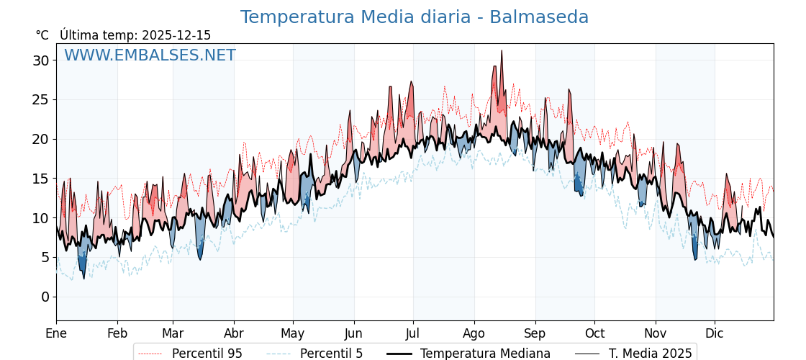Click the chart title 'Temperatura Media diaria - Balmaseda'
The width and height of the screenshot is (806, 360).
click(x=414, y=17)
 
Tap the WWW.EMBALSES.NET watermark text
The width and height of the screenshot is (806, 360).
click(x=150, y=55)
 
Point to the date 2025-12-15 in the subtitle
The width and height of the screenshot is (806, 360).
click(x=176, y=35)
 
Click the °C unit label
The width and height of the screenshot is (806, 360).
click(x=42, y=35)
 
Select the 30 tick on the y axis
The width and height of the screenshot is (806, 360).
click(x=41, y=60)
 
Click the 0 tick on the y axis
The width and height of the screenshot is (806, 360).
click(x=45, y=297)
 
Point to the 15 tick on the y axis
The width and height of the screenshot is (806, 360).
click(x=41, y=179)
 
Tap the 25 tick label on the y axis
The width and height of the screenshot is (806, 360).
click(x=41, y=100)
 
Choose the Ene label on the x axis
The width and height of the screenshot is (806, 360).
click(x=56, y=333)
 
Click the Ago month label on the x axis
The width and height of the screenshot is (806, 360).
click(x=474, y=333)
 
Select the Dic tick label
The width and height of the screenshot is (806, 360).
click(x=715, y=333)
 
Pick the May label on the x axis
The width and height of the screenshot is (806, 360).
click(x=293, y=333)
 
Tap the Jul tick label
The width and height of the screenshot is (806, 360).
click(x=413, y=333)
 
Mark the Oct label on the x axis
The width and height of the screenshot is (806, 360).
click(x=594, y=333)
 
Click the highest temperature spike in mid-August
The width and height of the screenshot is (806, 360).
click(x=502, y=51)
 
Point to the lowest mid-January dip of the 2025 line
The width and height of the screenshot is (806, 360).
click(x=83, y=278)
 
